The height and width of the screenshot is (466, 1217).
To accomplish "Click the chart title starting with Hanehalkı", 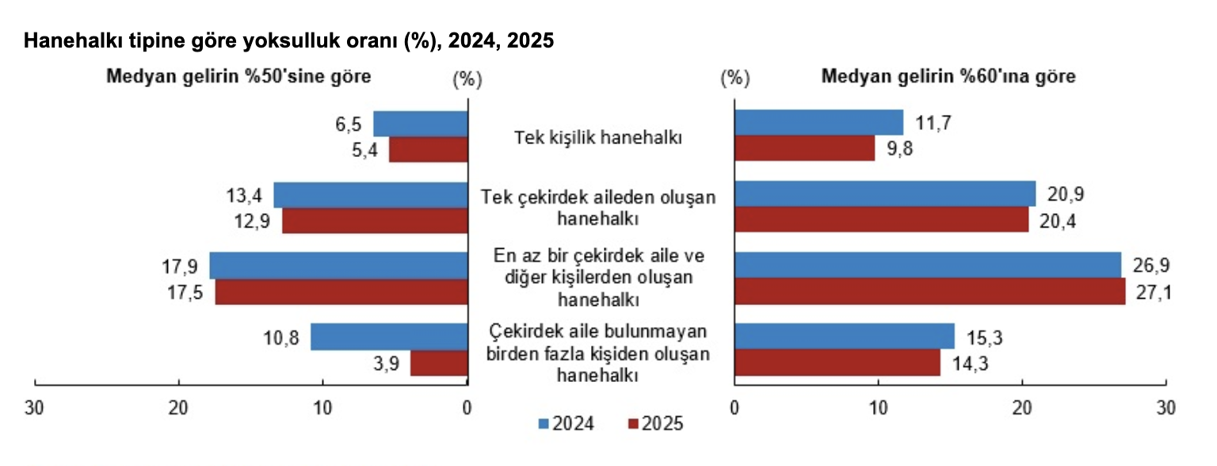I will pyautogui.click(x=288, y=41).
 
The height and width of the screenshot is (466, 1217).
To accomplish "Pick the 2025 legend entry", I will pyautogui.click(x=654, y=423).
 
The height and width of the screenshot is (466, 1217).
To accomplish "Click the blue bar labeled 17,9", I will pyautogui.click(x=338, y=265).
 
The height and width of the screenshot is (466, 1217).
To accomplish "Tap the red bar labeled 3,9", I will pyautogui.click(x=439, y=362).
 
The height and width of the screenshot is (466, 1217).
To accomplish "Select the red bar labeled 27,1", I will pyautogui.click(x=929, y=292).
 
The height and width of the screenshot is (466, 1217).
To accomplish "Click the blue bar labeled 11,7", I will pyautogui.click(x=819, y=123).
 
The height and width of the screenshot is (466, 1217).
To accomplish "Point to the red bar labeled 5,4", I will pyautogui.click(x=428, y=149).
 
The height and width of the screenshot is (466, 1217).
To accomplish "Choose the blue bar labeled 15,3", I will pyautogui.click(x=845, y=336).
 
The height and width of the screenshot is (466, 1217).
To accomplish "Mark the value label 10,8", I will pyautogui.click(x=283, y=338).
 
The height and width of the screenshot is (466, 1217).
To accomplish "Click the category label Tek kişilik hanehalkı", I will pyautogui.click(x=598, y=137).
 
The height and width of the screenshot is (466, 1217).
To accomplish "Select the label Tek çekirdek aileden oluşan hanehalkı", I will pyautogui.click(x=598, y=207).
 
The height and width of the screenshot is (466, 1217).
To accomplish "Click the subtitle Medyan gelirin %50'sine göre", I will pyautogui.click(x=238, y=77).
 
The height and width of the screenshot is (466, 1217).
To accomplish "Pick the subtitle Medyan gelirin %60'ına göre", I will pyautogui.click(x=948, y=77).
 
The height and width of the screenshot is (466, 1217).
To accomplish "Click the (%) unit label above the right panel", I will pyautogui.click(x=735, y=78).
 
